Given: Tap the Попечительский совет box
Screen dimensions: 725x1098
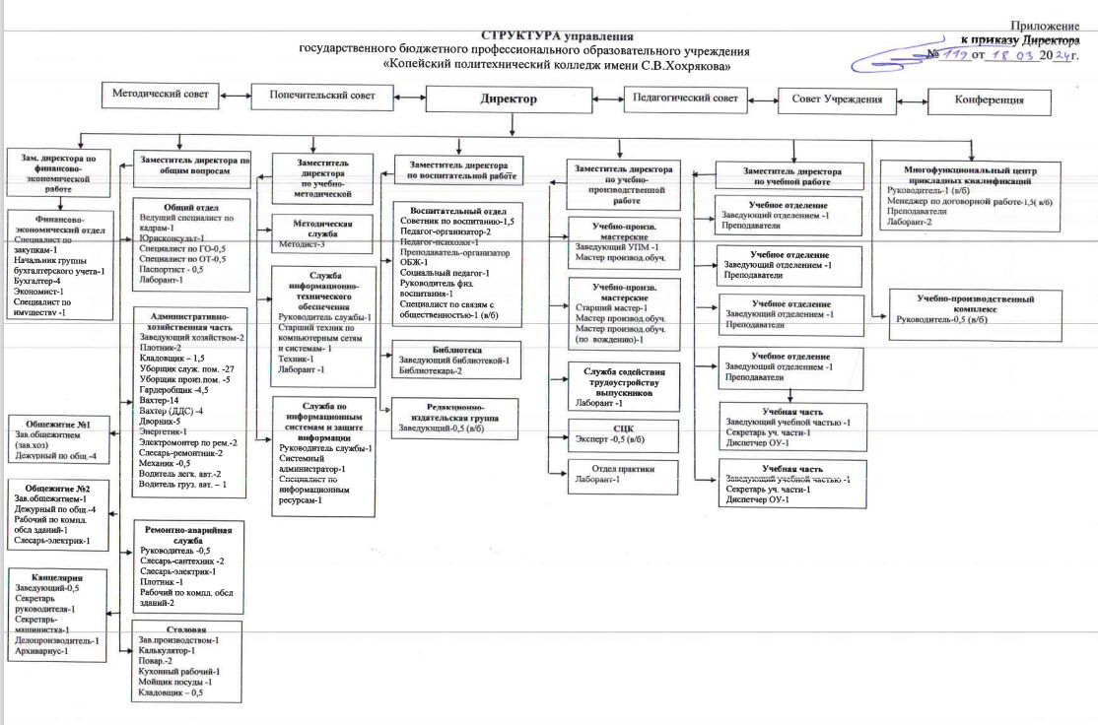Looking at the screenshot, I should [x=323, y=96].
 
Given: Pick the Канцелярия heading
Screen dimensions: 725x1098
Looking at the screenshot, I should [x=57, y=578].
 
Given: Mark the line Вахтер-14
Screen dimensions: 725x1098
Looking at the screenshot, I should [x=147, y=402].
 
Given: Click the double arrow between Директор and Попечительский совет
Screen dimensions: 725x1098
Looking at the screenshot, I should [x=410, y=97].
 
